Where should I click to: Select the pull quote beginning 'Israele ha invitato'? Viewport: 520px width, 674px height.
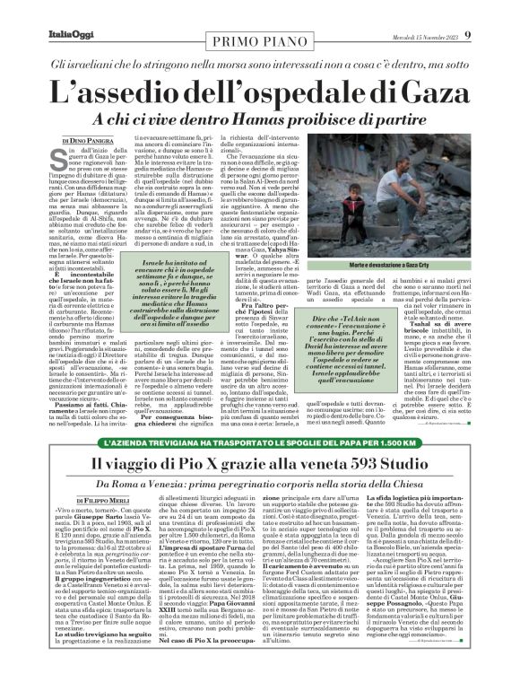pyautogui.click(x=160, y=284)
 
